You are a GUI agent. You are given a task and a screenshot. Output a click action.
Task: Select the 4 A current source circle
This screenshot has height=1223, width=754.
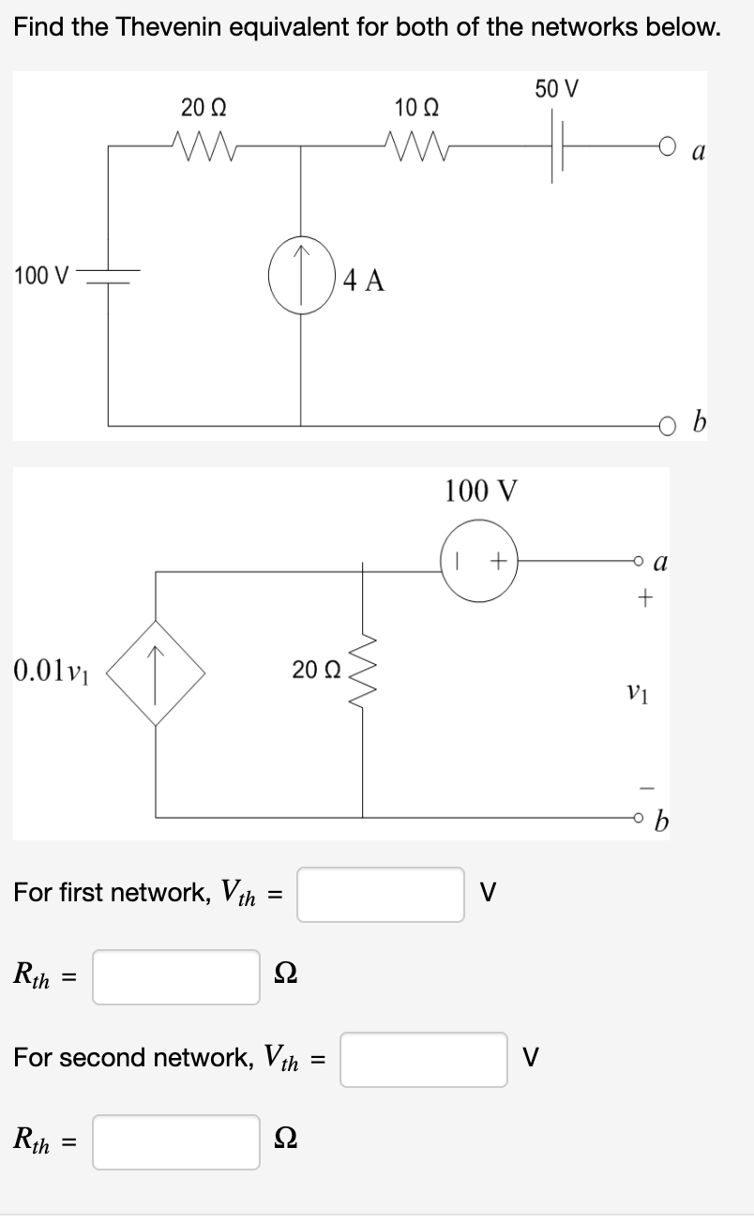click(x=301, y=279)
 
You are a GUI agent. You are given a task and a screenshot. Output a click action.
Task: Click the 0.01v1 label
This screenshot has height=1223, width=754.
click(x=52, y=671)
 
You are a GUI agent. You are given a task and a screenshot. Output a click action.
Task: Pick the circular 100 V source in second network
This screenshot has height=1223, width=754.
click(x=478, y=561)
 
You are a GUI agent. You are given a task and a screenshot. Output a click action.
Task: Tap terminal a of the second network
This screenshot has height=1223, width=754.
click(x=638, y=561)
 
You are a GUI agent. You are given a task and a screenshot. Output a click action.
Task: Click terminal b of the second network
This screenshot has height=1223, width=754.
click(x=638, y=813)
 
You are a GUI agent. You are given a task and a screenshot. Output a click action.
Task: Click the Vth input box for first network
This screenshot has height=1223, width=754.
click(x=381, y=894)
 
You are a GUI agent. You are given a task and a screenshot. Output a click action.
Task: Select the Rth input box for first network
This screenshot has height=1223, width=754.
click(x=176, y=976)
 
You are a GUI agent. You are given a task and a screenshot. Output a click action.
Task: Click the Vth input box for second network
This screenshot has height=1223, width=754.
click(x=423, y=1059)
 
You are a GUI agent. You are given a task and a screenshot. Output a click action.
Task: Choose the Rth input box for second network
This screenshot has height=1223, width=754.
click(x=176, y=1141)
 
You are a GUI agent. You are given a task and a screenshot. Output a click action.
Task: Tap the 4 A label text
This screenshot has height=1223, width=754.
click(x=364, y=279)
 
